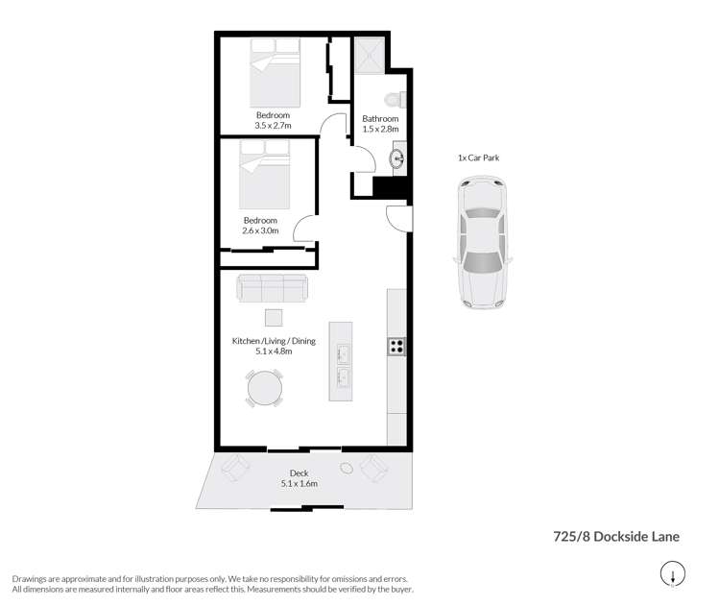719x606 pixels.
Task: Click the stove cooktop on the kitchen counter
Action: (x=396, y=346)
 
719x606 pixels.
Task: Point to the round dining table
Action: (x=265, y=389)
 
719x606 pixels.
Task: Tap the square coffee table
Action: (x=275, y=317)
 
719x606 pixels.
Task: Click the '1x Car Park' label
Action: (x=479, y=158)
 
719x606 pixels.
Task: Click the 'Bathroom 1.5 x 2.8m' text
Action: (x=379, y=123)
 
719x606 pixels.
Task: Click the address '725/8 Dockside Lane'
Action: (x=617, y=537)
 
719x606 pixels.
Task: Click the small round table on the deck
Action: (x=347, y=470)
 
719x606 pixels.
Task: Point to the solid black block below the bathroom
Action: (x=391, y=188)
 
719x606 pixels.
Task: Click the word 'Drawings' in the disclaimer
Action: (x=31, y=579)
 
